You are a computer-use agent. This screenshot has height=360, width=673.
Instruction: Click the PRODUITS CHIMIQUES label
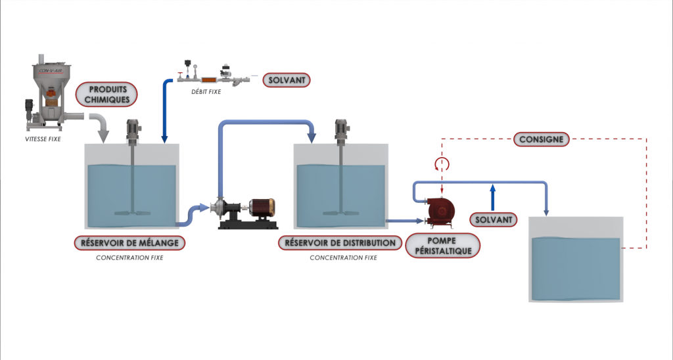pyautogui.click(x=107, y=94)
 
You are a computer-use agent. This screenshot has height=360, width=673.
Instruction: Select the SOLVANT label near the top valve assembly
pyautogui.click(x=286, y=80)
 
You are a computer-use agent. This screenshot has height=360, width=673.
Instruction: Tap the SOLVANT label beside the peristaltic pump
pyautogui.click(x=494, y=219)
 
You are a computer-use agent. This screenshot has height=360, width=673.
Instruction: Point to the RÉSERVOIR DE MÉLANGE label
pyautogui.click(x=129, y=242)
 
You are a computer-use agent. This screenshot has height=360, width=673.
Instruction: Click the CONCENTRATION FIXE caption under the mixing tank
pyautogui.click(x=129, y=258)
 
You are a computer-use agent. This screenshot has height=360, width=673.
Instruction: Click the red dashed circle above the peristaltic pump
pyautogui.click(x=442, y=164)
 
